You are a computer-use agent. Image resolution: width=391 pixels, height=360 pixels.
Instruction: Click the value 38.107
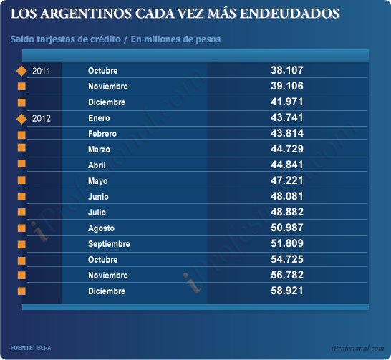click(287, 70)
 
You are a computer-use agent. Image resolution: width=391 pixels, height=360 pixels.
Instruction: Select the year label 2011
click(41, 72)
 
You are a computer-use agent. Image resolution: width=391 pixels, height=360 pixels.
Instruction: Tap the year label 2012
click(41, 118)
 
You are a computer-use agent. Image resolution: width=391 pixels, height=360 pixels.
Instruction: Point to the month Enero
click(99, 118)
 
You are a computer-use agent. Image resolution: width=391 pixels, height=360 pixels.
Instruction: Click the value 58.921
click(287, 291)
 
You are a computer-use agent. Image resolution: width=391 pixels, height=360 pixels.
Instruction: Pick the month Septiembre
click(109, 244)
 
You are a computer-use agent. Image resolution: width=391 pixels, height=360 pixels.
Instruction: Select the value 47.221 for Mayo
click(287, 180)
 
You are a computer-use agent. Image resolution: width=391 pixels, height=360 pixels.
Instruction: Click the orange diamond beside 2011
click(21, 71)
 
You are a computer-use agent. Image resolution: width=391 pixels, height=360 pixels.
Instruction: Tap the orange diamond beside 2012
click(21, 119)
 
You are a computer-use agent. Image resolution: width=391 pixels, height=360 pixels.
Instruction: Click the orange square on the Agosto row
click(21, 228)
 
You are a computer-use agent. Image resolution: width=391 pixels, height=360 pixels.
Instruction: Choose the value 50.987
click(287, 228)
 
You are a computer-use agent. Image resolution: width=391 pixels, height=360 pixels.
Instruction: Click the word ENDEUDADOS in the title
click(290, 14)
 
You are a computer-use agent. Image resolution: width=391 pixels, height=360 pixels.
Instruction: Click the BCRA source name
click(44, 348)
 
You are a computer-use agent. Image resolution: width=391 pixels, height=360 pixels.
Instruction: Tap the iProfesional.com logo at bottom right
click(358, 348)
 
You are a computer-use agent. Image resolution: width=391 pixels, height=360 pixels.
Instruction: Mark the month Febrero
click(102, 134)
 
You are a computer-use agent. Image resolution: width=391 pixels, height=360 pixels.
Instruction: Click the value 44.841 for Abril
click(287, 165)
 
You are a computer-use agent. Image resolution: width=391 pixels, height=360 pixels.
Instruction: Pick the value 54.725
click(287, 259)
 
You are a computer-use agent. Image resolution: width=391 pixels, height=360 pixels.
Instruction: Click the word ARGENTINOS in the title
click(86, 14)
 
